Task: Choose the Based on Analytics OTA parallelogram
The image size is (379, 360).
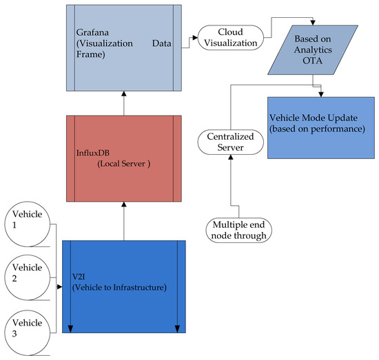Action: click(x=314, y=50)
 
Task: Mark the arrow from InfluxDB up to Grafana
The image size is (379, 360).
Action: click(x=124, y=103)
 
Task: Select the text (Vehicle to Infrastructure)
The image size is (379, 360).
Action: click(x=119, y=286)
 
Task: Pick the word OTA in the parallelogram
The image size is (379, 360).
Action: click(x=314, y=61)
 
